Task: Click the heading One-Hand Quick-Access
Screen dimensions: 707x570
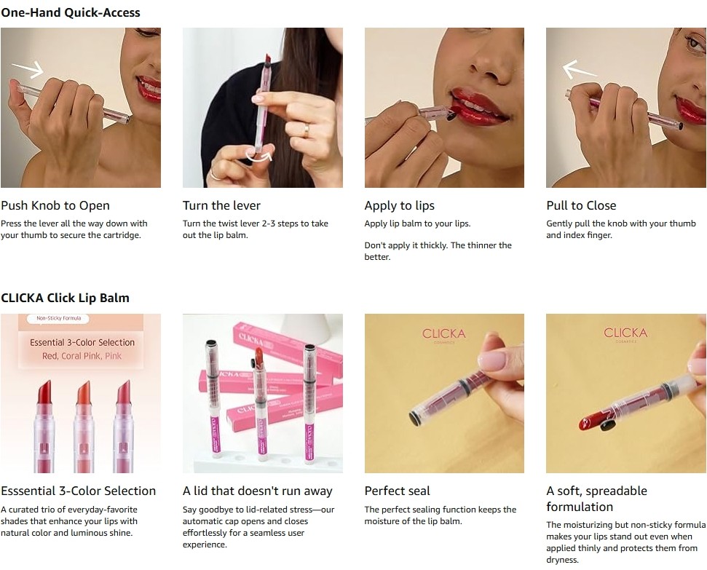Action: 71,12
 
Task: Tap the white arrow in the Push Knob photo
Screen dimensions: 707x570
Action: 28,69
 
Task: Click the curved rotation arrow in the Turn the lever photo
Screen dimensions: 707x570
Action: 258,157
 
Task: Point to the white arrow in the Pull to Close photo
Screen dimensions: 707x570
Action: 580,70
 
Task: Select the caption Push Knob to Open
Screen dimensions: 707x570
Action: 55,205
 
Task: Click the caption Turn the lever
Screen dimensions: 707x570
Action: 221,205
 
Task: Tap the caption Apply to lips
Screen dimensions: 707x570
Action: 400,205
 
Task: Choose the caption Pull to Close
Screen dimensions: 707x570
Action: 581,205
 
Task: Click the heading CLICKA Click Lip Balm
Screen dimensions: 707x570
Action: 65,298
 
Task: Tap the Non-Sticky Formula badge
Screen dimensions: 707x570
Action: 59,318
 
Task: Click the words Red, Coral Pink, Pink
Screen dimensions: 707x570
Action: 82,356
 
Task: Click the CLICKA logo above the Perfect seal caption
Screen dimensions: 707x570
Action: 443,334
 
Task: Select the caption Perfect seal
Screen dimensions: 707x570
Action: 398,491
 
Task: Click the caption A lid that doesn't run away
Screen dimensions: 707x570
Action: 258,491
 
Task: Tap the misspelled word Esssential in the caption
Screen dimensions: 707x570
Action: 28,491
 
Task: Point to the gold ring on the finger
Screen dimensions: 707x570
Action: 306,130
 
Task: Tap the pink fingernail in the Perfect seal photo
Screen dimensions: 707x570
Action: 492,361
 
